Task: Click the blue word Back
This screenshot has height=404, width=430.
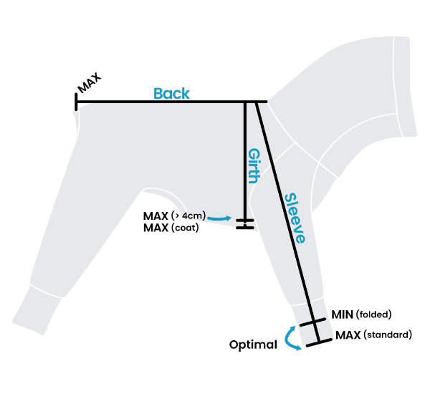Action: pos(171,93)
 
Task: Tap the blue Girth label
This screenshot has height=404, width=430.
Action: pos(253,166)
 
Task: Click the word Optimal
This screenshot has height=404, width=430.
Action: pos(253,345)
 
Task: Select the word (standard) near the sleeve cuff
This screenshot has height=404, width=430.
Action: pos(388,335)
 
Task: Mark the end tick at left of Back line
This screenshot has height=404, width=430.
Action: pos(76,102)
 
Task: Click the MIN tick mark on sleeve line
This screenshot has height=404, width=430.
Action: pos(312,322)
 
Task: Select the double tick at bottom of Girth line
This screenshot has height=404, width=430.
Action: pos(245,223)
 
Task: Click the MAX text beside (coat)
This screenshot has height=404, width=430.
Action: pos(156,229)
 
